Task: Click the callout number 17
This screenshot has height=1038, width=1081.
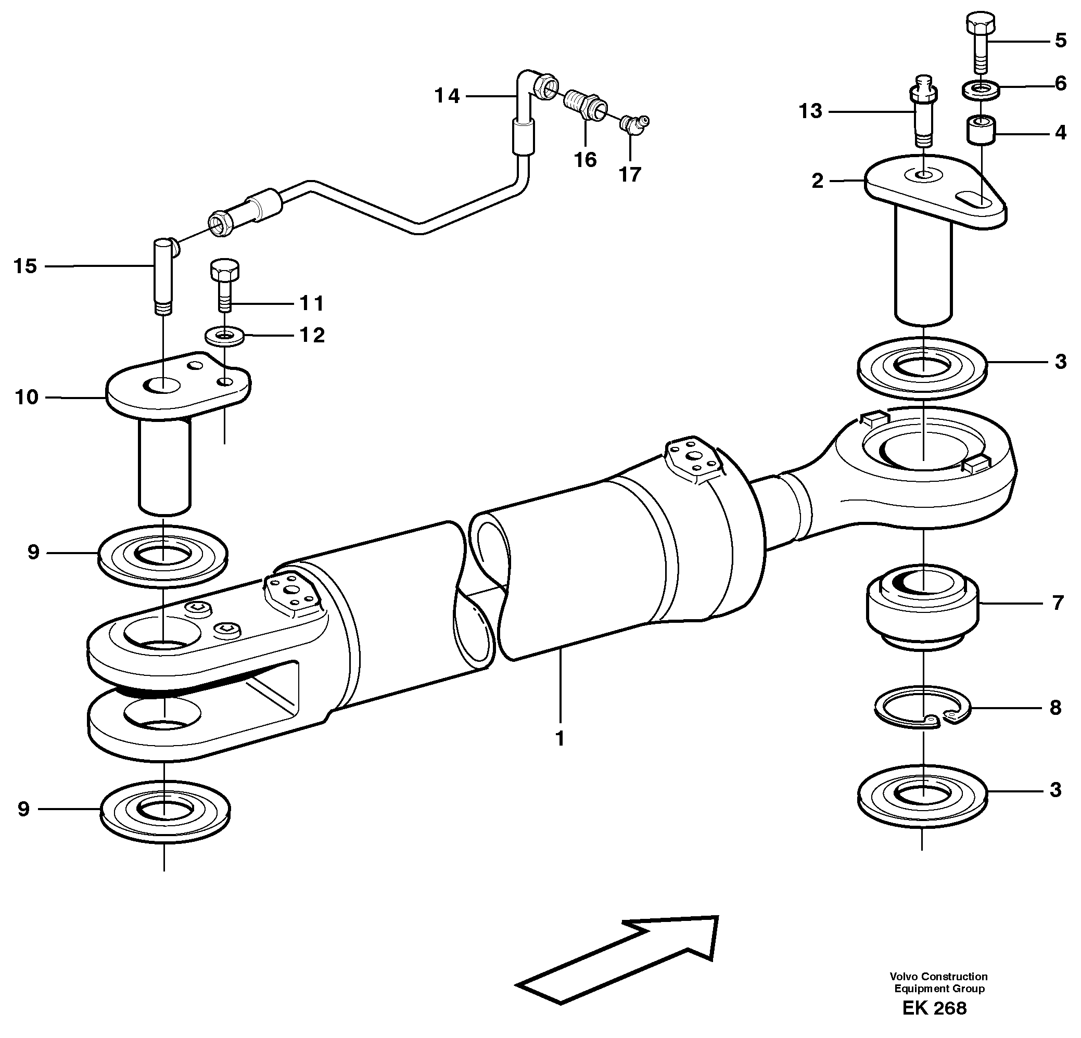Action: [630, 174]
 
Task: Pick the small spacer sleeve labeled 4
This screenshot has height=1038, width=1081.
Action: [981, 130]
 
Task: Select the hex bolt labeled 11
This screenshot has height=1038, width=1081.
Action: [224, 288]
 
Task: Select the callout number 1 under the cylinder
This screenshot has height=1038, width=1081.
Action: [560, 738]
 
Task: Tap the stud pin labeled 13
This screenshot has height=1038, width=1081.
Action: [923, 117]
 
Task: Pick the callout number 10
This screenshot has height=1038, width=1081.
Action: [27, 397]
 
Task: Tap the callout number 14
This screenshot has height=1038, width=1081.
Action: [447, 96]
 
